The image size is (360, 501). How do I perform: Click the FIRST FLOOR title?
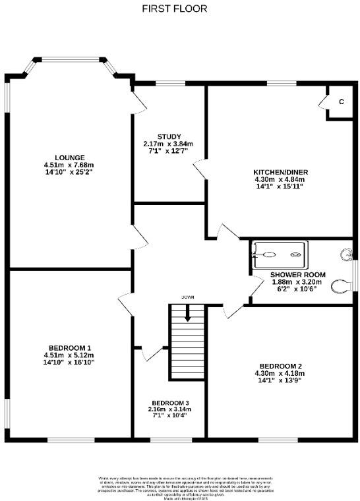[175, 9]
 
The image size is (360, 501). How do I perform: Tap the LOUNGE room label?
[69, 158]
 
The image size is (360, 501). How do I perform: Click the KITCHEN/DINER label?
[281, 172]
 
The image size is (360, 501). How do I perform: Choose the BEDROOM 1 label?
[69, 347]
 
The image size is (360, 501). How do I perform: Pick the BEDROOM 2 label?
[281, 366]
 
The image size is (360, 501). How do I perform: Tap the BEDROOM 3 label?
[170, 403]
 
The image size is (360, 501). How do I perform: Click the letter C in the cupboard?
[341, 102]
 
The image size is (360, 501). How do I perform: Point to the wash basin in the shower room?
[347, 254]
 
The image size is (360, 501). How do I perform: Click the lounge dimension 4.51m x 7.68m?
[69, 165]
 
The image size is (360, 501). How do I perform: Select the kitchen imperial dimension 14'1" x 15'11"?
[281, 187]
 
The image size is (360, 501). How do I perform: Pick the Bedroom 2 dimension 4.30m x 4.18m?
[281, 373]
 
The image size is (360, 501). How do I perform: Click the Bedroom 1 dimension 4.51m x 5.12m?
[69, 355]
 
